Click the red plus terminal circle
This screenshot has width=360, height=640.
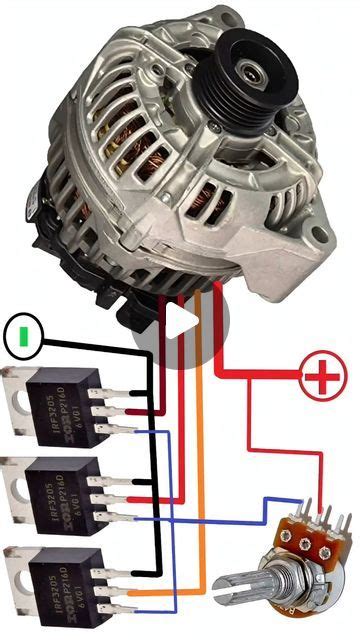click(321, 378)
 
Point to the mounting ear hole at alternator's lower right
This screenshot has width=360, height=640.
click(317, 237)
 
